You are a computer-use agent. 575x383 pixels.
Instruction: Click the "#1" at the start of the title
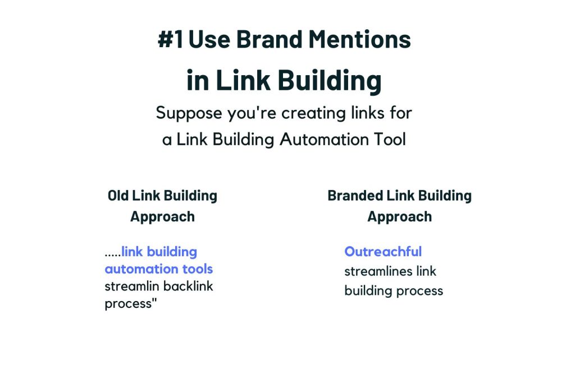point(171,40)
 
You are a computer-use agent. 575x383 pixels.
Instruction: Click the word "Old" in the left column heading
point(118,196)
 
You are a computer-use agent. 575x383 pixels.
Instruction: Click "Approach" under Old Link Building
point(162,216)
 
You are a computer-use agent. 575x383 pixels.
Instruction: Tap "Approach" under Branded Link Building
point(400,216)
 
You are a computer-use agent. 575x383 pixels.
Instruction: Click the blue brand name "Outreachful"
point(383,251)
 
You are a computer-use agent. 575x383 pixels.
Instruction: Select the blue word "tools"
point(197,269)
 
